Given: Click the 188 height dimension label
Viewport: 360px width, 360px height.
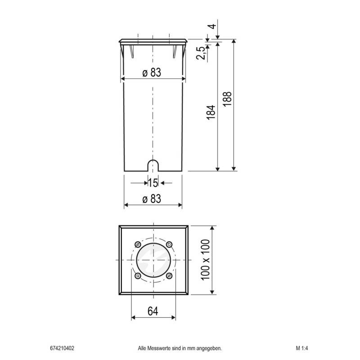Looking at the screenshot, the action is pos(227,99).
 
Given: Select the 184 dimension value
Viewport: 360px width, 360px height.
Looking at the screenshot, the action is pos(211,112).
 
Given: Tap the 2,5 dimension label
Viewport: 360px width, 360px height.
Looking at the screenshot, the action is pos(200,53).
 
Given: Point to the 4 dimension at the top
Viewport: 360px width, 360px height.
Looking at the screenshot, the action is pos(213,26).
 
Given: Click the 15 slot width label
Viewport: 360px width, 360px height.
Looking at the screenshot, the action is pos(153,183).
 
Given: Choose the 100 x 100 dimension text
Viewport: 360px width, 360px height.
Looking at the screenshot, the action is pos(205,260).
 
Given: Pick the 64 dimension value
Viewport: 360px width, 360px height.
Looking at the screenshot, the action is pos(153,311).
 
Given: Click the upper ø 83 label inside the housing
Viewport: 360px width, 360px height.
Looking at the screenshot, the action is pos(152,72).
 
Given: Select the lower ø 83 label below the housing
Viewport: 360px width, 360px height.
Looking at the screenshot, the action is pos(152,199).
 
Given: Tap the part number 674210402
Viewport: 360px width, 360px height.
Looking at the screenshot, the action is pos(62,348).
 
